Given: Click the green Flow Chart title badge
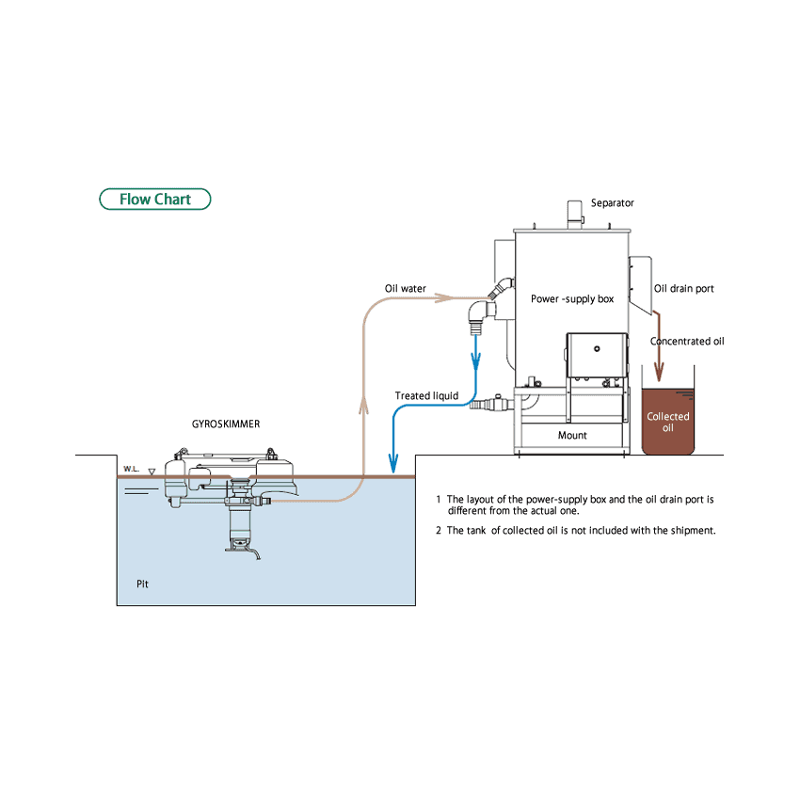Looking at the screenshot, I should coord(155,200).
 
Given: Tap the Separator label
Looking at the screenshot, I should coord(612,203).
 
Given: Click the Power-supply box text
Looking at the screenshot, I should coord(572,299).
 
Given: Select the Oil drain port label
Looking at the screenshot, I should coord(684,289).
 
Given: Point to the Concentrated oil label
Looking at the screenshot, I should coord(687,342).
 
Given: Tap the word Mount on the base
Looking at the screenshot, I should coord(572,436).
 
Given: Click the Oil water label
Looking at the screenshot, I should coord(405,289).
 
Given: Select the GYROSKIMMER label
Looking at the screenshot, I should coord(226,424).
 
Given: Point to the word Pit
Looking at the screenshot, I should coord(142,584).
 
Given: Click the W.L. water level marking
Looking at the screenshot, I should coord(131,468).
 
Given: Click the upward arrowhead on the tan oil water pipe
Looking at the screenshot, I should coord(363,405).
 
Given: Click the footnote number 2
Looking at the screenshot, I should coord(439,531).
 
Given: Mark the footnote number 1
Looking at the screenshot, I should coord(439,500).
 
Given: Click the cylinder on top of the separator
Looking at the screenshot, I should coord(574,213).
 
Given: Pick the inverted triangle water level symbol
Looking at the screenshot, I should coord(152,469).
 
